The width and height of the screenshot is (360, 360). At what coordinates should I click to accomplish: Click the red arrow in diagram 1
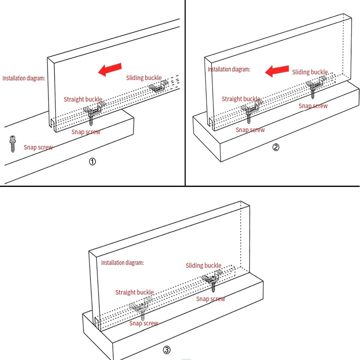tap(110, 69)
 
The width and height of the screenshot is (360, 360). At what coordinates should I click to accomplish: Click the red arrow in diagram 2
tap(277, 71)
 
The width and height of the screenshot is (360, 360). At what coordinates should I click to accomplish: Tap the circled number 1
tap(92, 162)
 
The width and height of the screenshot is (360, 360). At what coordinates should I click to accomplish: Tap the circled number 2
tap(276, 147)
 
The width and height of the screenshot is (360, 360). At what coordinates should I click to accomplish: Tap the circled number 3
tap(167, 350)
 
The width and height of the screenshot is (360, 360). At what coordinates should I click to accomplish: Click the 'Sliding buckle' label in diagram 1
tap(144, 78)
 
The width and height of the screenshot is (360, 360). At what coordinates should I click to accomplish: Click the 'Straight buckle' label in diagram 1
tap(83, 99)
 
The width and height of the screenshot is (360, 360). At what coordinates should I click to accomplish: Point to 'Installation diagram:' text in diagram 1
tap(24, 78)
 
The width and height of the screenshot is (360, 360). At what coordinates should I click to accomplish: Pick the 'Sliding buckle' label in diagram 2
tap(310, 72)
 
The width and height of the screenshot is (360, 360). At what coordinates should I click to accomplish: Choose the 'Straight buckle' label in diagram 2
tap(240, 99)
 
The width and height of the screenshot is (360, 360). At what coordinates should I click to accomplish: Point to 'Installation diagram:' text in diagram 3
tap(122, 263)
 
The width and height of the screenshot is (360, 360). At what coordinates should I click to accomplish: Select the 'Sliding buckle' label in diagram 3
tap(203, 266)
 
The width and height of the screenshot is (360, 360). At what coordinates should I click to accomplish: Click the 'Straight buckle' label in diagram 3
tap(134, 292)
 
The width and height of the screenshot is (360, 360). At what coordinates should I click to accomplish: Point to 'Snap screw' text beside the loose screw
tap(38, 147)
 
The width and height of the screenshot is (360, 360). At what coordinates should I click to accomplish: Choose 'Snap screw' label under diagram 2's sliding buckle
tap(313, 106)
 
